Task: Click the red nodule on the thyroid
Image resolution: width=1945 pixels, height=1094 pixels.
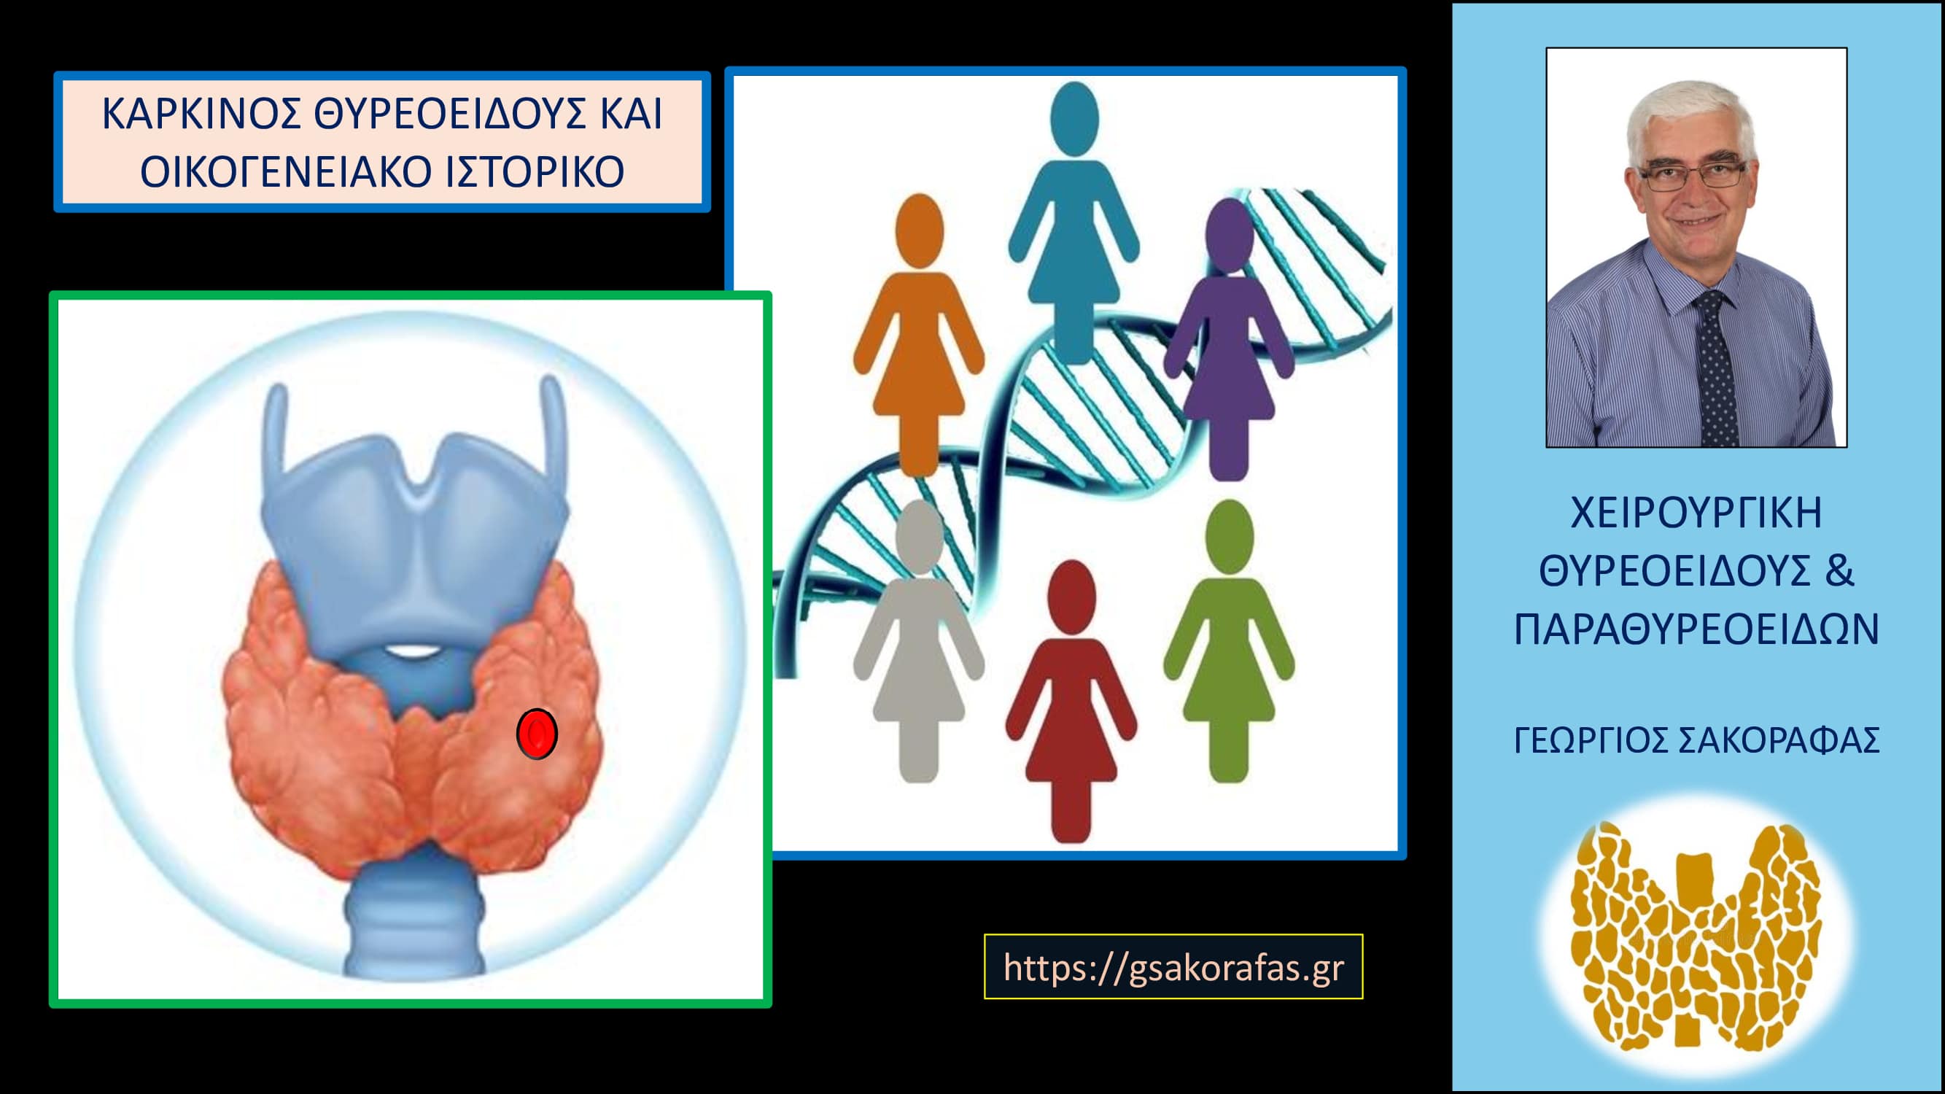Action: tap(537, 733)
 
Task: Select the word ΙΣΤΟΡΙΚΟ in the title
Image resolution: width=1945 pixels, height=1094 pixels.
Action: tap(534, 173)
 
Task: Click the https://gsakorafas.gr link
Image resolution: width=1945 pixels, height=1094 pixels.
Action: tap(1173, 967)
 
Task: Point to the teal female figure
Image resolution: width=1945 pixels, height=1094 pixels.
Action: tap(1073, 223)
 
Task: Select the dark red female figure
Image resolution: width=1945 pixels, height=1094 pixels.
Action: tap(1071, 702)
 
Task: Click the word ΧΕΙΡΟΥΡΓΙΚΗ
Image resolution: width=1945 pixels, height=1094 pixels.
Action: tap(1696, 513)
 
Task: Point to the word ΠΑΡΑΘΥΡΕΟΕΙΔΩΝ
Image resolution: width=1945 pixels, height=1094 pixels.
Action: tap(1696, 629)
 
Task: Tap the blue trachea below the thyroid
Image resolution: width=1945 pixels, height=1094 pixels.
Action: tap(414, 914)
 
